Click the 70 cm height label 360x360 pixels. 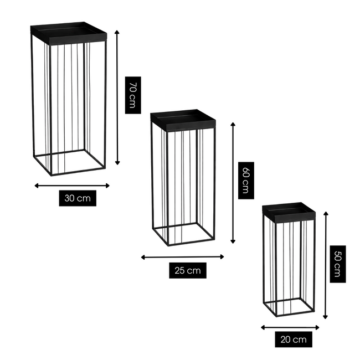tap(133, 95)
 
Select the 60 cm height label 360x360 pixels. tap(246, 180)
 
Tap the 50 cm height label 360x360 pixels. tap(338, 264)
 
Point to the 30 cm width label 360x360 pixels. tap(78, 198)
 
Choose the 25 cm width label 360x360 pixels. tap(188, 270)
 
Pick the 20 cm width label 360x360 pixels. tap(294, 340)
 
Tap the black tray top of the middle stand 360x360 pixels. tap(183, 120)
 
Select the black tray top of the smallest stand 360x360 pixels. tap(289, 212)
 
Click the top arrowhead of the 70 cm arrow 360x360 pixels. tap(117, 32)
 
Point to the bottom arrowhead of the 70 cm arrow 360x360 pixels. tap(117, 163)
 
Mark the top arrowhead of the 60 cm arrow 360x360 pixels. tap(233, 124)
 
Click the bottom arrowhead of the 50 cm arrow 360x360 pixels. tap(325, 317)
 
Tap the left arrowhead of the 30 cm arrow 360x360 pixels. tap(36, 186)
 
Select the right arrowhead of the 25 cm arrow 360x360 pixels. tap(222, 257)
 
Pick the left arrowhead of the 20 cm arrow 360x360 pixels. tap(263, 328)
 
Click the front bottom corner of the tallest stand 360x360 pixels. tap(52, 176)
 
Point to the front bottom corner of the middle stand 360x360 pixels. tap(168, 245)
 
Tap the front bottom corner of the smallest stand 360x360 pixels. tap(276, 316)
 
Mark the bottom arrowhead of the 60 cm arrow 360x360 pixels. tap(233, 241)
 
